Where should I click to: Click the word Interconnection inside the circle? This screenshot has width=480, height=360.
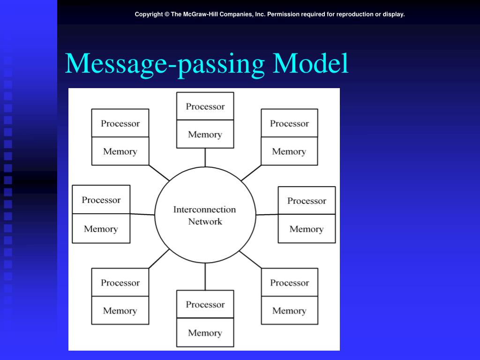point(204,210)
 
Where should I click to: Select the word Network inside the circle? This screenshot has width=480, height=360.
point(205,221)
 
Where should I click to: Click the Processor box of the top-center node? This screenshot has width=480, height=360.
point(205,106)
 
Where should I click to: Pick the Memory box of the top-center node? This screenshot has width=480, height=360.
point(205,135)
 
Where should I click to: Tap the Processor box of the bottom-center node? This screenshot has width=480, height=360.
point(205,305)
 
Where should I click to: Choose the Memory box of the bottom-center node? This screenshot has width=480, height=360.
point(205,333)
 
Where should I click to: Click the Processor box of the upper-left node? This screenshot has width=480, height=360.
point(120,123)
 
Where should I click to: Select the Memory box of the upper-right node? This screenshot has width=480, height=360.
point(289,151)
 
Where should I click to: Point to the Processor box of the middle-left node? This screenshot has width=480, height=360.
point(101,200)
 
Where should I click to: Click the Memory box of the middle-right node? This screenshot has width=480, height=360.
point(307,229)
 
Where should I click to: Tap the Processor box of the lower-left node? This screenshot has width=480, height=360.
point(120,283)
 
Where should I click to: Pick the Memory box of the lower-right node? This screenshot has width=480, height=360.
point(289,311)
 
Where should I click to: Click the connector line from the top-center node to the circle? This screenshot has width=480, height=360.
point(205,157)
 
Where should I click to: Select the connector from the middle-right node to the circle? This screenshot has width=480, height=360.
point(267,215)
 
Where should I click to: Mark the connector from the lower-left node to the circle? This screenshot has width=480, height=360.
point(159,258)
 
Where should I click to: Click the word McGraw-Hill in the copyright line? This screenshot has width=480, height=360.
point(200,14)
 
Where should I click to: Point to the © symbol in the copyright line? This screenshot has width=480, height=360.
point(166,14)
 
